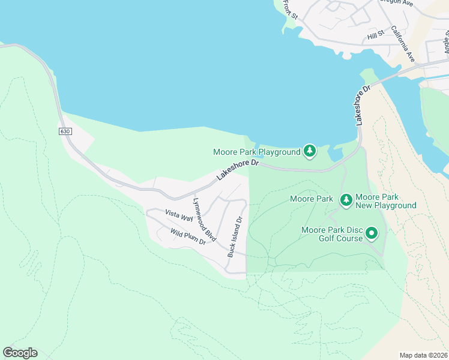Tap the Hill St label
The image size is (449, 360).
[x=376, y=37]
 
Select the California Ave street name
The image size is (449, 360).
[x=403, y=44]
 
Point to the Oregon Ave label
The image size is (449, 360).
[x=399, y=2]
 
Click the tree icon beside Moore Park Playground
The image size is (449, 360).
[x=309, y=152]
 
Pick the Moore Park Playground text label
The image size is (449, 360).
[x=257, y=152]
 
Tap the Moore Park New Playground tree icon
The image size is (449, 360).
[x=346, y=200]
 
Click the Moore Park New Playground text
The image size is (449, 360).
[x=385, y=201]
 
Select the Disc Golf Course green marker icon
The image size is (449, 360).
[x=372, y=233]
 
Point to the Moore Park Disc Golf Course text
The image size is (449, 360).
[x=332, y=234]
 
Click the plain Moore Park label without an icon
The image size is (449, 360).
[x=311, y=199]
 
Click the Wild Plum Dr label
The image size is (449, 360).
[x=188, y=236]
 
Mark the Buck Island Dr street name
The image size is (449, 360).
[x=235, y=237]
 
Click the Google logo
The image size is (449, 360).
[x=20, y=353]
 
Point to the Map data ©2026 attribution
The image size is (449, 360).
[x=423, y=355]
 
